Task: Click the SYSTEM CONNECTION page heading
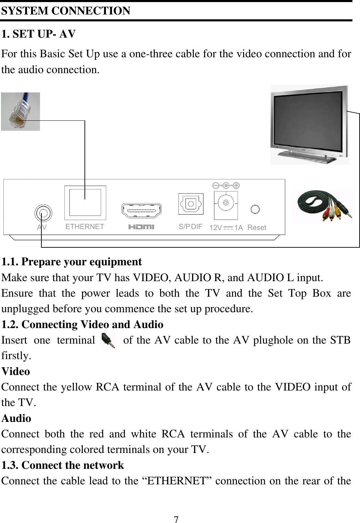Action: coord(66,11)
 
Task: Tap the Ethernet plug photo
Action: coord(20,111)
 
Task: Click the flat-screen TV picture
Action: coord(309,124)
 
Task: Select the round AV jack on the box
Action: coord(43,213)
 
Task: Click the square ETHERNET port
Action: coord(85,203)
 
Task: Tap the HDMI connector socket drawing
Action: coord(141,210)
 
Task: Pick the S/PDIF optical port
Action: coord(191,204)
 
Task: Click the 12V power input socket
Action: coord(226,203)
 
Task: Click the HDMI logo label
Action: coord(141,227)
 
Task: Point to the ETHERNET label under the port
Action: coord(85,227)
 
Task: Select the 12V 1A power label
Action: coord(226,228)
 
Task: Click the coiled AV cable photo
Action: coord(322,206)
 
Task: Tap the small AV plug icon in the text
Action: coord(109,341)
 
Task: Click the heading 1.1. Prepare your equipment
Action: coord(71,262)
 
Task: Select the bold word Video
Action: coord(16,372)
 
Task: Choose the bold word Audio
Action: coord(17,418)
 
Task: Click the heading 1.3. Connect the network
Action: coord(62,465)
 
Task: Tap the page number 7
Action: coord(176,519)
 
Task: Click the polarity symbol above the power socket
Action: coord(226,186)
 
